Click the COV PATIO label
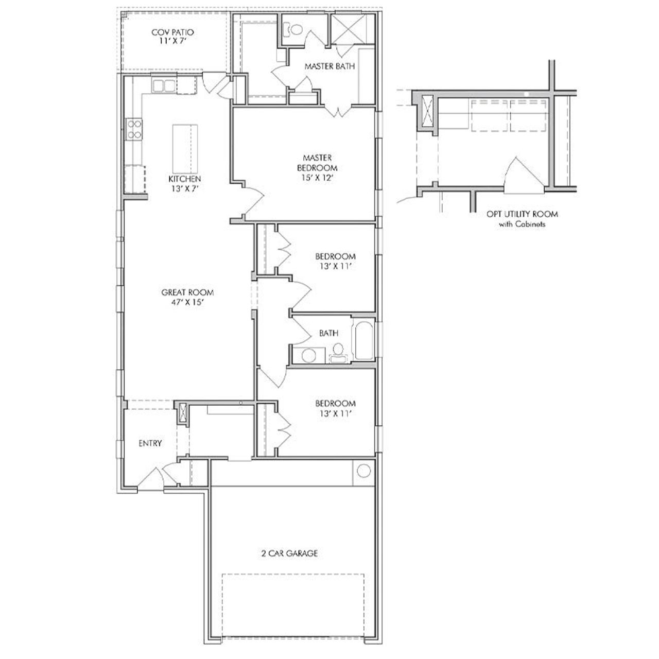172,32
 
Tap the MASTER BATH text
329,66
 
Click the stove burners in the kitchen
134,129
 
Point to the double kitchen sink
163,86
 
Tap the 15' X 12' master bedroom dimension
317,178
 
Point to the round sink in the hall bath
309,355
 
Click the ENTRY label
150,443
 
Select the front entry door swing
152,477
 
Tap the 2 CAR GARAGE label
288,553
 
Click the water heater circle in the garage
363,471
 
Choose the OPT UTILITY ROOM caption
522,214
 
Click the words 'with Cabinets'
522,224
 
